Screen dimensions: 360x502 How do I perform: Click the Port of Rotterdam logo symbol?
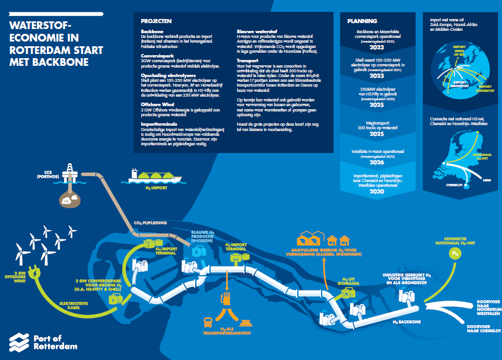click(20, 342)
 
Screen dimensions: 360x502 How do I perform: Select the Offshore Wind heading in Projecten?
click(157, 104)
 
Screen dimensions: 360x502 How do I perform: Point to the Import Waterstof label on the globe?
click(485, 90)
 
